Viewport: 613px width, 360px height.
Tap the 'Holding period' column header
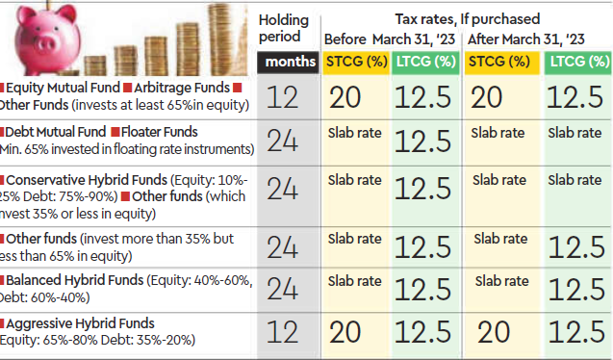[x=286, y=27]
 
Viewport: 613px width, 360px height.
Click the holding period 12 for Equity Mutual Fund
[x=286, y=97]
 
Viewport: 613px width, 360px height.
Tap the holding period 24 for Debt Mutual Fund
[x=286, y=141]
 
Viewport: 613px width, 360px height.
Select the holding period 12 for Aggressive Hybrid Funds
[x=286, y=333]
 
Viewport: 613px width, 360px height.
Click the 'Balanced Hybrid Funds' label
[x=73, y=279]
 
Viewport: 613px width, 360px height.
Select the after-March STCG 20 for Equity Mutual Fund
[x=499, y=97]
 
